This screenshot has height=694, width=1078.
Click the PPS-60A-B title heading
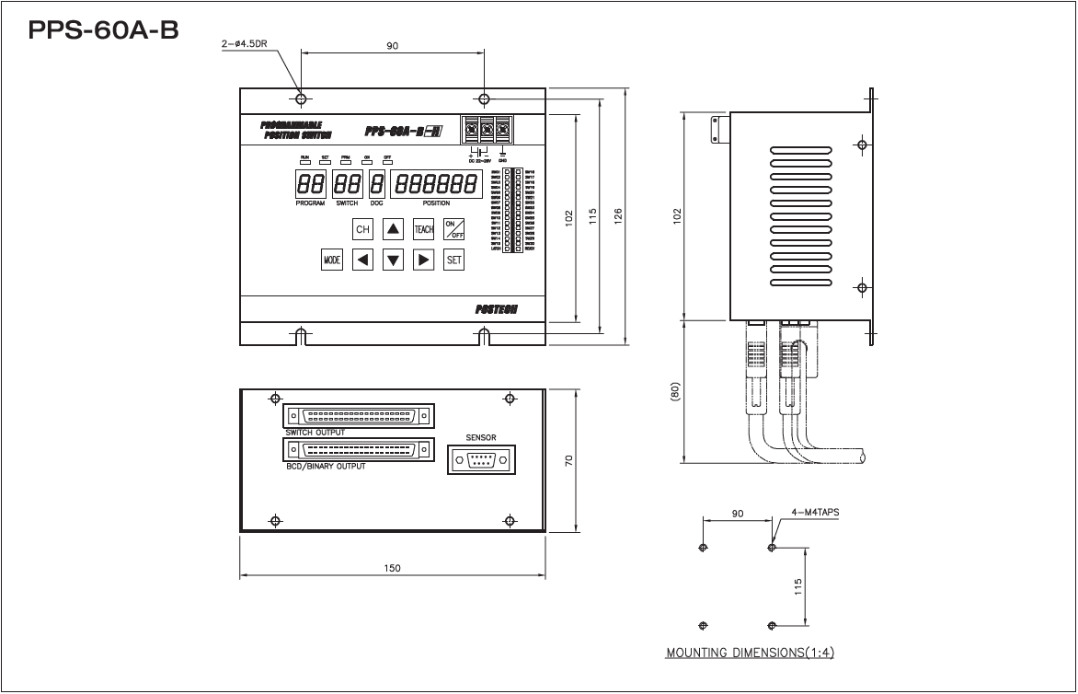pyautogui.click(x=103, y=31)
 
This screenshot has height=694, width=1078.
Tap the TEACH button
pyautogui.click(x=423, y=229)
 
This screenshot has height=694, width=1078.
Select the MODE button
pyautogui.click(x=332, y=260)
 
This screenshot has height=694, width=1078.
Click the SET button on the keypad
pyautogui.click(x=453, y=260)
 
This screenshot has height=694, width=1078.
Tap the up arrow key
pyautogui.click(x=393, y=229)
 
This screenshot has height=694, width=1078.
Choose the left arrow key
pyautogui.click(x=363, y=260)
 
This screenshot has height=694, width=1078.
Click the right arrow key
pyautogui.click(x=423, y=260)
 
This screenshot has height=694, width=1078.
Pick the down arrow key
pyautogui.click(x=393, y=260)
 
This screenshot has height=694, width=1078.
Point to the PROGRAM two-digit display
pyautogui.click(x=310, y=183)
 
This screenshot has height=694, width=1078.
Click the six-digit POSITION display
pyautogui.click(x=436, y=183)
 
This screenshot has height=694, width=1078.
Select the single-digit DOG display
pyautogui.click(x=376, y=183)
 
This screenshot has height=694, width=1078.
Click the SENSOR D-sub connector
pyautogui.click(x=480, y=458)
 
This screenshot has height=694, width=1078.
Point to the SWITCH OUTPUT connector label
pyautogui.click(x=316, y=432)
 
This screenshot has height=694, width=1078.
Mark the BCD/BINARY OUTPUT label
pyautogui.click(x=325, y=467)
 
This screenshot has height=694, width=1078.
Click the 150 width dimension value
pyautogui.click(x=393, y=569)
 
